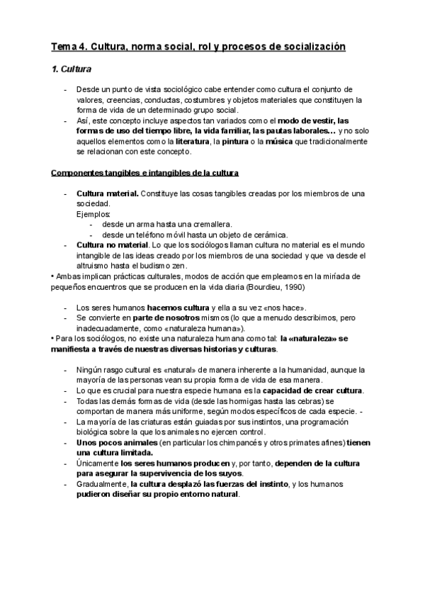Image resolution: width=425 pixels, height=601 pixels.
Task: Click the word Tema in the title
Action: pos(62,47)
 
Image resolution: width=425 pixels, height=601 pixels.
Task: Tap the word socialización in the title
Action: pos(312,47)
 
